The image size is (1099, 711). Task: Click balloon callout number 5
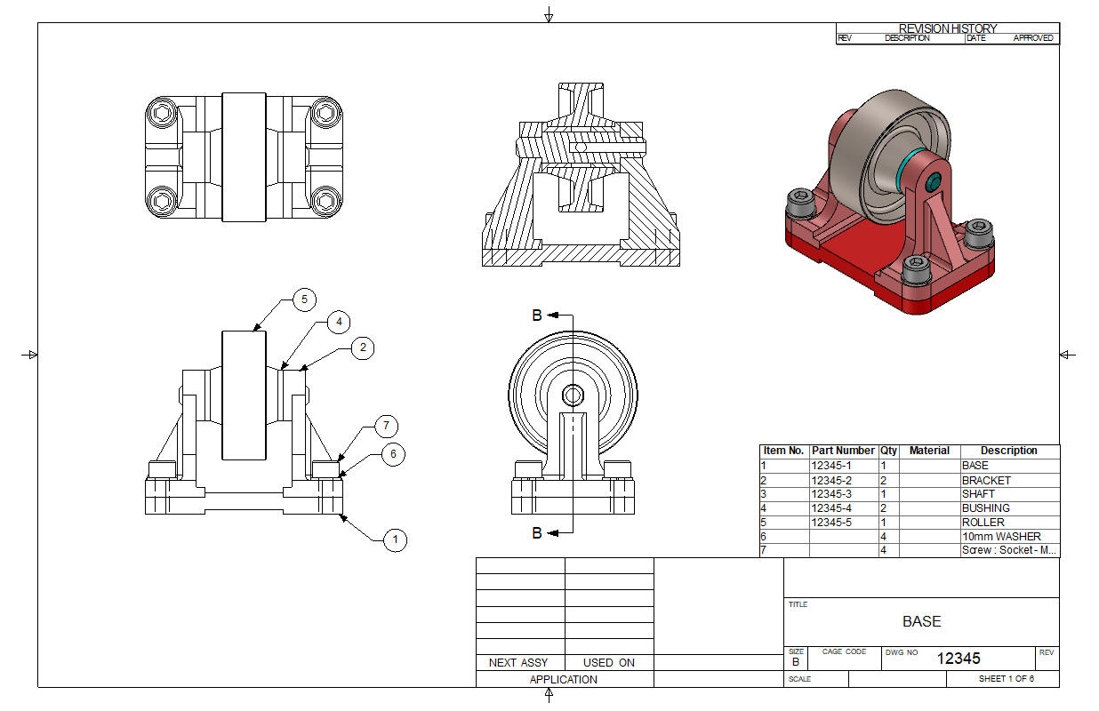304,300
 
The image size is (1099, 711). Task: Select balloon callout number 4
339,322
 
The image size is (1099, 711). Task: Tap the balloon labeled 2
363,348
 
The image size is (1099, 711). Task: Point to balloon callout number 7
386,426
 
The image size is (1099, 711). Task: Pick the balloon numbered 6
393,454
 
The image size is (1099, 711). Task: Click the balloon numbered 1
395,539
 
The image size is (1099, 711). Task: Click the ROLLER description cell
983,523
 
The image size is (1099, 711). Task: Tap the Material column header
929,451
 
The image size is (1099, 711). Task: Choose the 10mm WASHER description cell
1001,537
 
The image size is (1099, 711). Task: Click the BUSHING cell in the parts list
986,508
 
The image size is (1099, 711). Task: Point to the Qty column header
888,451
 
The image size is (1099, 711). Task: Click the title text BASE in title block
921,621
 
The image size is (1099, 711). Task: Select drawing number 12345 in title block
959,658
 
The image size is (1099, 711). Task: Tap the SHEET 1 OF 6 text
1007,679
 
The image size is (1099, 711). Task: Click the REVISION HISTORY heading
947,28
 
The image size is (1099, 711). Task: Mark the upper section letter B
537,316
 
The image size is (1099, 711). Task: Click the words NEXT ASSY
518,662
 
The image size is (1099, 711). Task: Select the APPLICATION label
563,680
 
